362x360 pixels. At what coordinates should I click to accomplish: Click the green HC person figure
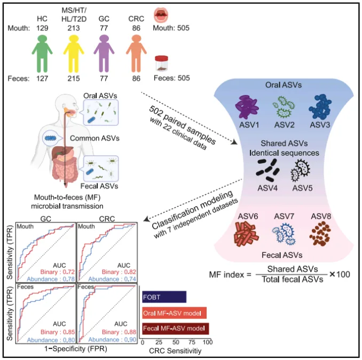click(42, 54)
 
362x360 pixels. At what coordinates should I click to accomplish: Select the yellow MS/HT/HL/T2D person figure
click(74, 54)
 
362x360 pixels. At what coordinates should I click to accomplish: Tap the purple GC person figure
click(104, 54)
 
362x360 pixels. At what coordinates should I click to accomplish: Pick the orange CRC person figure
click(136, 54)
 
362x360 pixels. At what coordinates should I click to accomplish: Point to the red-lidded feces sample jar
click(161, 63)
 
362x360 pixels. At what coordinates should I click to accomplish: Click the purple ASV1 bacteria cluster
click(247, 107)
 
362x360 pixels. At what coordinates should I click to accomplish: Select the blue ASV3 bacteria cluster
click(320, 107)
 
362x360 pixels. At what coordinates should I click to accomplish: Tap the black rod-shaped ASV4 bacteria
click(267, 170)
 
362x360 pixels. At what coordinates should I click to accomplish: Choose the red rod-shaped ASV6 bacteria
click(246, 234)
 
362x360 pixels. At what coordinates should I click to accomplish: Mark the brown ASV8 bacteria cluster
click(320, 234)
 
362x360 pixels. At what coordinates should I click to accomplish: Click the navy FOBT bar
click(164, 297)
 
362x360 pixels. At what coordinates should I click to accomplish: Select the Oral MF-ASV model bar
click(174, 313)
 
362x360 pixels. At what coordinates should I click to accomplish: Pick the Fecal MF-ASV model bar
click(176, 329)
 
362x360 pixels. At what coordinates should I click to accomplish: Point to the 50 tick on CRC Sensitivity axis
click(176, 342)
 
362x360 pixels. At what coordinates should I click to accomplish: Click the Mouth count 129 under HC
click(42, 28)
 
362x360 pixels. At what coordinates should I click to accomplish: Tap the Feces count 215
click(74, 78)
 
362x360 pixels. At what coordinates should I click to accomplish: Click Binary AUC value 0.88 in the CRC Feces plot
click(130, 332)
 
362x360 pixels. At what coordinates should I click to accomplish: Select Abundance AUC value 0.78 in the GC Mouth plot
click(69, 279)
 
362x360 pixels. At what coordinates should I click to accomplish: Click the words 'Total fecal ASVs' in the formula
click(293, 279)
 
